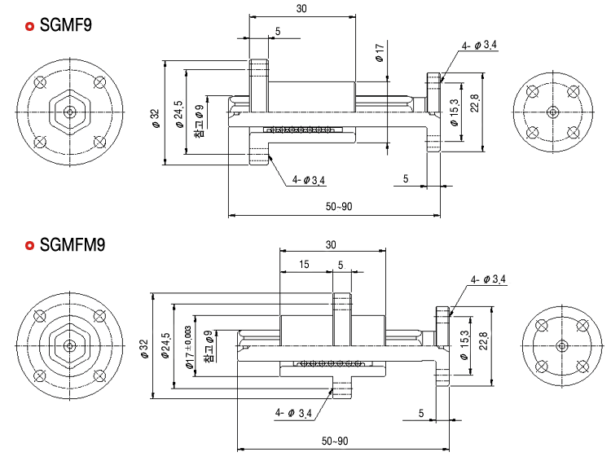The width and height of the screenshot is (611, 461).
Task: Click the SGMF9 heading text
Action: pyautogui.click(x=66, y=25)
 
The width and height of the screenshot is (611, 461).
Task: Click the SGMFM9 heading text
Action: pyautogui.click(x=73, y=245)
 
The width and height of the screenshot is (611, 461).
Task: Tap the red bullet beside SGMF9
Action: pyautogui.click(x=29, y=26)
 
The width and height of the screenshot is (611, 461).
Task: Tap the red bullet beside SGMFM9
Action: pyautogui.click(x=29, y=245)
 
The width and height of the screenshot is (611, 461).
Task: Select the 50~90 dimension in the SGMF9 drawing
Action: pyautogui.click(x=339, y=206)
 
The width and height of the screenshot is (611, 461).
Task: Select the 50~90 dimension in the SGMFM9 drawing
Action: pyautogui.click(x=335, y=441)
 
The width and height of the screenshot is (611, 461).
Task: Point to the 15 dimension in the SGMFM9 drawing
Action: pyautogui.click(x=304, y=264)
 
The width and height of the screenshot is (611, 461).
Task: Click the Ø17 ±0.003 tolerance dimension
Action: pyautogui.click(x=189, y=348)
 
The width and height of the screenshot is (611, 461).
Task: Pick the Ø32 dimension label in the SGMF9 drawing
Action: pyautogui.click(x=155, y=118)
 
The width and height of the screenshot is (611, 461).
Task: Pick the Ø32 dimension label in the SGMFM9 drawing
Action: pyautogui.click(x=144, y=349)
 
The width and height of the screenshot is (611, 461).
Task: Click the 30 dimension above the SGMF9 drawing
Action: pyautogui.click(x=301, y=9)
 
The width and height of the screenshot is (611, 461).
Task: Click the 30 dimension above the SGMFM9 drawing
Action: pyautogui.click(x=331, y=244)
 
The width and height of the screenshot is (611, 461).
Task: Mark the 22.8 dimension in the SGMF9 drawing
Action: pyautogui.click(x=474, y=103)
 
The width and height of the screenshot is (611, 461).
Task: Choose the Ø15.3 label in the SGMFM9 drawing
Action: pyautogui.click(x=464, y=345)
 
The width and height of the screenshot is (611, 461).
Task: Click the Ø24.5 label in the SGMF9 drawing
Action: pyautogui.click(x=179, y=114)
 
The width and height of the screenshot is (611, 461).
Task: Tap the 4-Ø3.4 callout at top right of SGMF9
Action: pyautogui.click(x=479, y=46)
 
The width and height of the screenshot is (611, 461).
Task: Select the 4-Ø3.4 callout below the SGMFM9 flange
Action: pyautogui.click(x=293, y=413)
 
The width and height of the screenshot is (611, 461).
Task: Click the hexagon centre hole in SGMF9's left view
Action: pyautogui.click(x=70, y=112)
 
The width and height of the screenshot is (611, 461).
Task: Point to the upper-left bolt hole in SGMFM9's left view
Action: pyautogui.click(x=40, y=316)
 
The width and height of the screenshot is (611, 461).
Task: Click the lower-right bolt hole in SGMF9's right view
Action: pyautogui.click(x=573, y=133)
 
